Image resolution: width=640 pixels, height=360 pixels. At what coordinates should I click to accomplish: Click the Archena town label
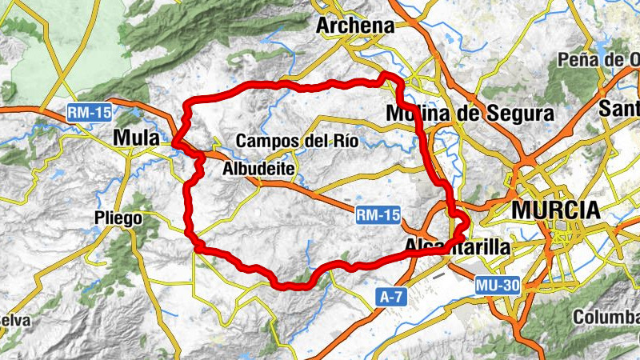coord(355,26)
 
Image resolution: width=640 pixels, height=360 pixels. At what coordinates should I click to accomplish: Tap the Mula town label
coord(137,138)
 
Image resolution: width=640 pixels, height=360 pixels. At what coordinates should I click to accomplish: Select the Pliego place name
coord(118,218)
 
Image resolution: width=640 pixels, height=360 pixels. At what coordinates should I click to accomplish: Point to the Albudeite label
coord(259,169)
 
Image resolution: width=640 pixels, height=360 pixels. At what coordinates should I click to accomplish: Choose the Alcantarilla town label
coord(457,246)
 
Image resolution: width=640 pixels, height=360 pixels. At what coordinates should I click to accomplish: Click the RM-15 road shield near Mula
coord(88,114)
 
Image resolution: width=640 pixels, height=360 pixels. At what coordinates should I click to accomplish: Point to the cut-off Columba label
coord(606,315)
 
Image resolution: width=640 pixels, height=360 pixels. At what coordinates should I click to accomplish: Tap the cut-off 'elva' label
coord(14,320)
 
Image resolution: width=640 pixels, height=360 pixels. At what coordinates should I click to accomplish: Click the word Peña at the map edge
coord(578,60)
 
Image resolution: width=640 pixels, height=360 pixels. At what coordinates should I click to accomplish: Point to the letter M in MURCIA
coord(521,210)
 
